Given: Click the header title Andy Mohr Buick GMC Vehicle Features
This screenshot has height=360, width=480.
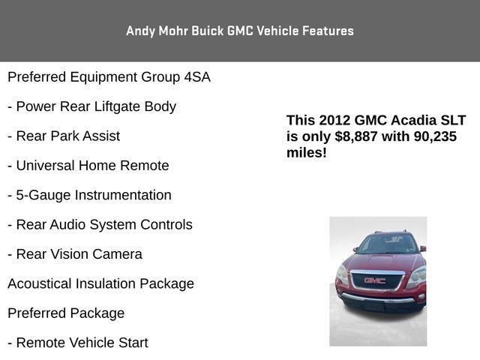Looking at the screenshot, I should pyautogui.click(x=239, y=31).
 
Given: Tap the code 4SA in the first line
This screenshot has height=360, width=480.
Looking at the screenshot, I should pyautogui.click(x=197, y=77).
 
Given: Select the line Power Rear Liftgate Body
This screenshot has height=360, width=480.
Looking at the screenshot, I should pyautogui.click(x=91, y=106).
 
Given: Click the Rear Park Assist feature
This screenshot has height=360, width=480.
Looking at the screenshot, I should pyautogui.click(x=64, y=136).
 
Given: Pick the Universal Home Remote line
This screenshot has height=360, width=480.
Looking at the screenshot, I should pyautogui.click(x=88, y=166).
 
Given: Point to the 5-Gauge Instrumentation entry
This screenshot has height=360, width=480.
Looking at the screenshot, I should pyautogui.click(x=89, y=195).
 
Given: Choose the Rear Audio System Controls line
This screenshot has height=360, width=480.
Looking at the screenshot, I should pyautogui.click(x=100, y=224).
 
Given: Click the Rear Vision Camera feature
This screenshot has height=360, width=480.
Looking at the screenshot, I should pyautogui.click(x=74, y=254).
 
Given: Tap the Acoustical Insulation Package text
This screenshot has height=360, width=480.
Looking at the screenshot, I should pyautogui.click(x=100, y=283).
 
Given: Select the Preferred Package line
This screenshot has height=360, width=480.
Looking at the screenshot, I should pyautogui.click(x=66, y=313).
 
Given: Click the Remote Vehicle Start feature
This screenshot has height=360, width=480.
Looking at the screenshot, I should pyautogui.click(x=78, y=343).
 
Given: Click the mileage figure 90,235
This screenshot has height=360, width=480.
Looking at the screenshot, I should pyautogui.click(x=430, y=136).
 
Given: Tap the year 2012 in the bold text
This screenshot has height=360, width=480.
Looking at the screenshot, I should pyautogui.click(x=334, y=120).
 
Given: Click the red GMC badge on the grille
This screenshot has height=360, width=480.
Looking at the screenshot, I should pyautogui.click(x=374, y=280).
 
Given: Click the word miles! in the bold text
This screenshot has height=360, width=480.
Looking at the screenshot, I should pyautogui.click(x=306, y=153).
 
